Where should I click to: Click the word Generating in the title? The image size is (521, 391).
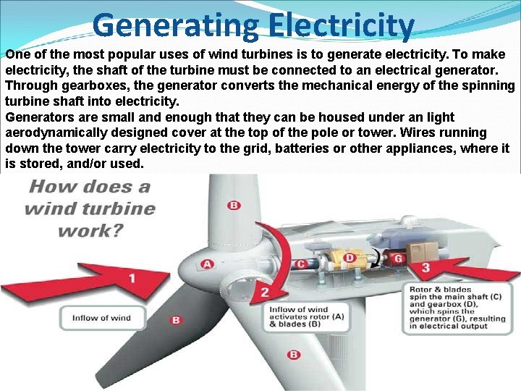(174, 25)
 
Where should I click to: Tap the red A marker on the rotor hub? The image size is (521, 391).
(208, 264)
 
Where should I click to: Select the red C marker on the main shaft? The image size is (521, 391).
(300, 264)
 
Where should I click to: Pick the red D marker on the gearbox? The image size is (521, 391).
(350, 258)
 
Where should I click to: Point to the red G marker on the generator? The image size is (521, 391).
(398, 258)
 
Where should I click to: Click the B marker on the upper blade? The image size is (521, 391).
(234, 206)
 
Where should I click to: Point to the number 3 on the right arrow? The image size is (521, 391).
(425, 269)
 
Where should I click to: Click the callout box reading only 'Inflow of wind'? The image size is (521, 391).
(101, 318)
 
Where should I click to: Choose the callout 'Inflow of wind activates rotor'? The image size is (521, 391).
(298, 316)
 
